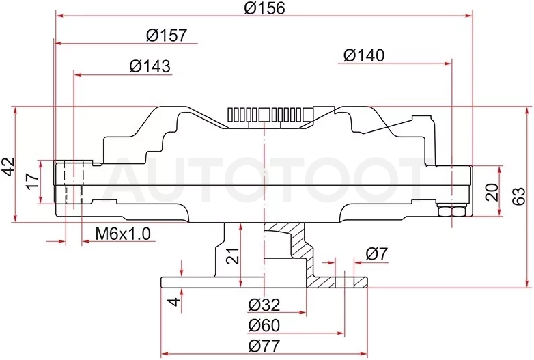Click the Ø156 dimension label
click(264, 8)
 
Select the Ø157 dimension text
click(167, 35)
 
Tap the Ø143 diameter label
click(150, 66)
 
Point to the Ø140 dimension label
click(364, 55)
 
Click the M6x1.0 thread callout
click(123, 234)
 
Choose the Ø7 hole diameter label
click(377, 254)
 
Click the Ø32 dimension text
click(264, 305)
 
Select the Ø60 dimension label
click(264, 326)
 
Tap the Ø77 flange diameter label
click(264, 346)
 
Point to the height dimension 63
click(519, 196)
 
